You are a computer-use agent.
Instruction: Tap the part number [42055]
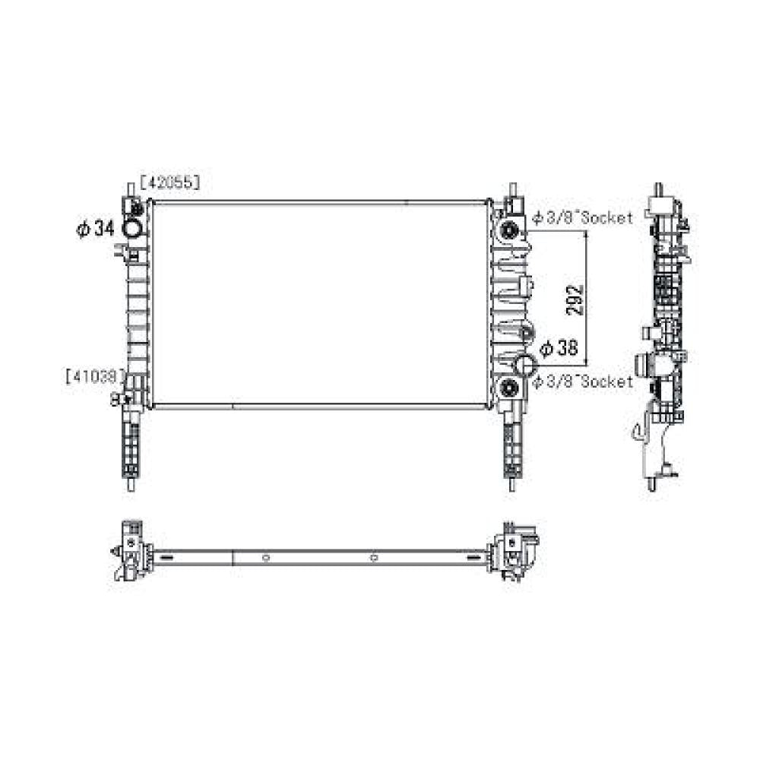point(169,182)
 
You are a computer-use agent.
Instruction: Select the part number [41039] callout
point(95,375)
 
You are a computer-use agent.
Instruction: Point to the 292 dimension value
point(575,299)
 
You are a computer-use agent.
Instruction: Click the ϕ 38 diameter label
point(559,348)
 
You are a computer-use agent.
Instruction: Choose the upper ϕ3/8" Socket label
point(582,218)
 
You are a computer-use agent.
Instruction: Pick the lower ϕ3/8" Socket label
point(582,382)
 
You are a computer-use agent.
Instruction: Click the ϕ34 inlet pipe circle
point(132,229)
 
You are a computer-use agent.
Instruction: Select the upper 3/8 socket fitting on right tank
point(509,230)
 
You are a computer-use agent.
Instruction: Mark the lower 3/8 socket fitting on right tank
point(509,389)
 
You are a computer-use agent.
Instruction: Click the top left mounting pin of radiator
point(126,188)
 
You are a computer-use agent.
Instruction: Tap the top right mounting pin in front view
point(514,188)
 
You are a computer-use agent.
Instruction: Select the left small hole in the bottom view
point(265,559)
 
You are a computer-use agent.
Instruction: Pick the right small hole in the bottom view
point(373,559)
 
